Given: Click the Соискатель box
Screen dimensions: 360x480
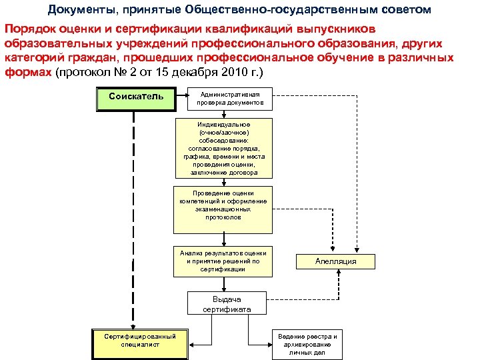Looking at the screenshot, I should pyautogui.click(x=135, y=98).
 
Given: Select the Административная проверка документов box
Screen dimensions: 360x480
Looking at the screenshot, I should pyautogui.click(x=230, y=99).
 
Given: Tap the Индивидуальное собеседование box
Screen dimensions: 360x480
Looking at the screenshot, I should pyautogui.click(x=223, y=149).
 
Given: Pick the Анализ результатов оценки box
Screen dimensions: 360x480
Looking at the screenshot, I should pyautogui.click(x=223, y=261).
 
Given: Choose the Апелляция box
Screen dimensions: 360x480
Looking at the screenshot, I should pyautogui.click(x=335, y=261).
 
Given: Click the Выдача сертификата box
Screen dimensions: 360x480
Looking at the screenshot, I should pyautogui.click(x=227, y=304).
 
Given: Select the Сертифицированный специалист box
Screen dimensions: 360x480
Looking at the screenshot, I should pyautogui.click(x=139, y=340).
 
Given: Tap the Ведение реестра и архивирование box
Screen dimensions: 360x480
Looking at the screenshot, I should pyautogui.click(x=307, y=343).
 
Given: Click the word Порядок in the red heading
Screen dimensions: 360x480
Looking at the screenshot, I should pyautogui.click(x=30, y=30).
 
